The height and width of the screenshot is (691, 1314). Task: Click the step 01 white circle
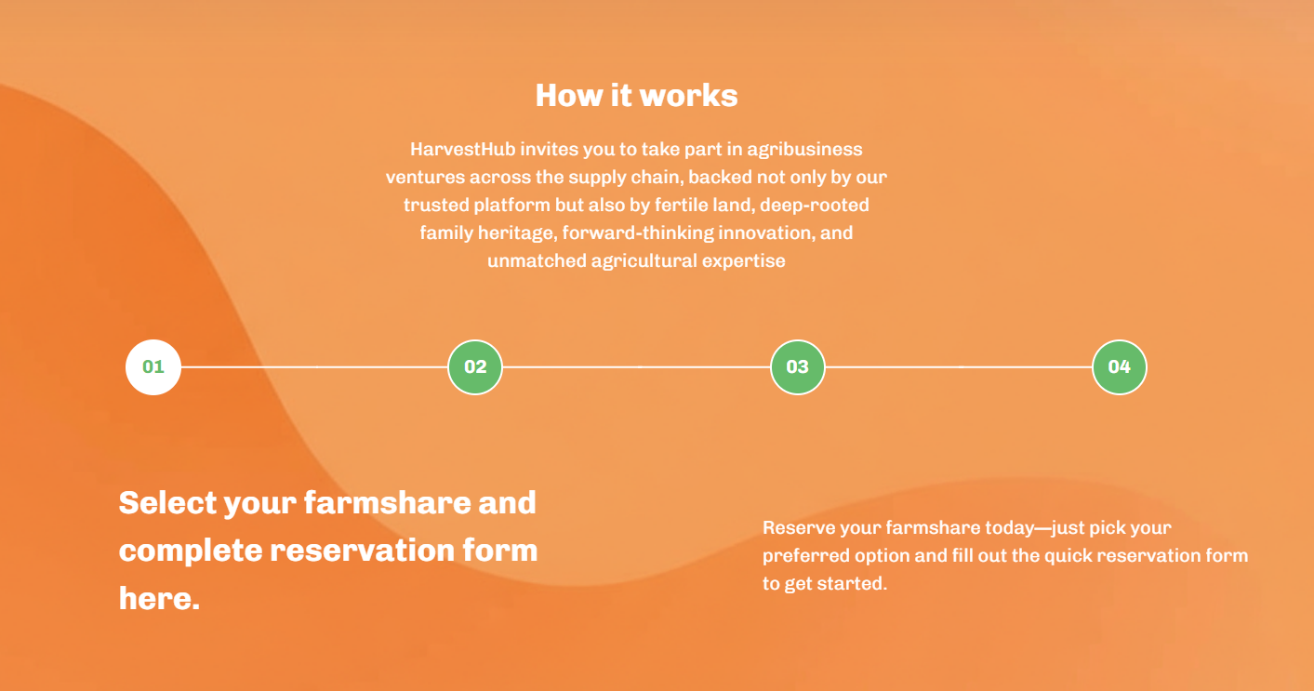coord(153,367)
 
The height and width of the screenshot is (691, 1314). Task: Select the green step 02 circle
coord(475,367)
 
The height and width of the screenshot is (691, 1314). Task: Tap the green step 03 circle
coord(798,367)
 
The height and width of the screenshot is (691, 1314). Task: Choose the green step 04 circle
coord(1120,367)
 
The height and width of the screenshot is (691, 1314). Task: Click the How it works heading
coord(636,95)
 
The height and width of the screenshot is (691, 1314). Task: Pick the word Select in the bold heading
coord(166,502)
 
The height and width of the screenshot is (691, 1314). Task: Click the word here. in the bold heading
coord(159,599)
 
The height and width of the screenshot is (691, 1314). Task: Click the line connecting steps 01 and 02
coord(314,367)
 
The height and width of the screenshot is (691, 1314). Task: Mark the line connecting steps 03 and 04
coord(959,367)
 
